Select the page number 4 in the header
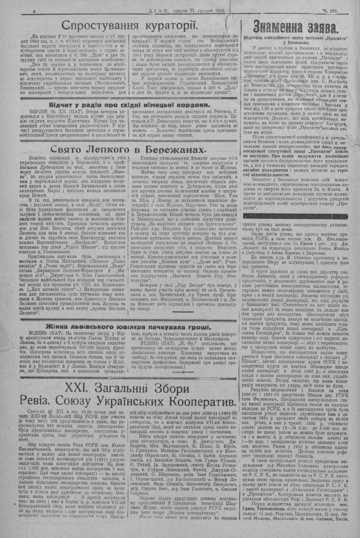(33, 12)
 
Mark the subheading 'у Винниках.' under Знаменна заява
(296, 42)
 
